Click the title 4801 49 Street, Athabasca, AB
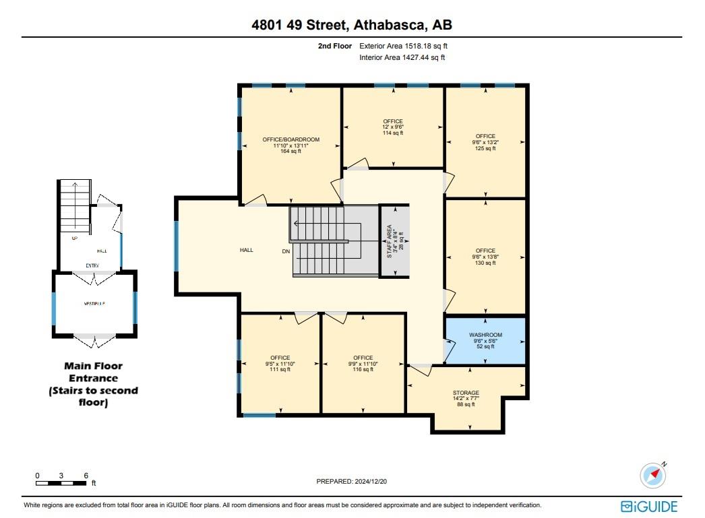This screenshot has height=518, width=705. pos(352,26)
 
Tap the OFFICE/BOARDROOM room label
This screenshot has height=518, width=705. pos(291,139)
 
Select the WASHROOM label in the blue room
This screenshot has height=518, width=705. pos(485,335)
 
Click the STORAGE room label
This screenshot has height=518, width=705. pos(466,393)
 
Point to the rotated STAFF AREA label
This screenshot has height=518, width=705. pos(389,240)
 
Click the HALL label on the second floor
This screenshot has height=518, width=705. pos(247,250)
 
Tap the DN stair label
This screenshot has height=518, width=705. pos(286,251)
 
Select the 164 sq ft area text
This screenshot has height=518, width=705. pos(291,152)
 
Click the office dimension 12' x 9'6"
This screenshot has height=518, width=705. pos(393,127)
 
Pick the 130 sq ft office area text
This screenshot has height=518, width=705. pos(485,263)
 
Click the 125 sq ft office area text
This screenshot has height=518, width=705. pos(485,148)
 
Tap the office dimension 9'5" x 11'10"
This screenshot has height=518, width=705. pos(280,364)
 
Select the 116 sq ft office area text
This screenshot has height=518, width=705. pos(363,370)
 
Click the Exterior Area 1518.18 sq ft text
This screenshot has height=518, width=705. pos(403,46)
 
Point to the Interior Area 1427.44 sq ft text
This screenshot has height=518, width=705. pos(402,58)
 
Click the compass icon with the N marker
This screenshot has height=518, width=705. pos(652,476)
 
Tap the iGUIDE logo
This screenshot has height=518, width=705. pos(649,506)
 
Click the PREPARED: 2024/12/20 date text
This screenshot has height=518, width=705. pos(352,482)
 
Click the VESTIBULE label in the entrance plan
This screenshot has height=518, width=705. pos(94,304)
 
